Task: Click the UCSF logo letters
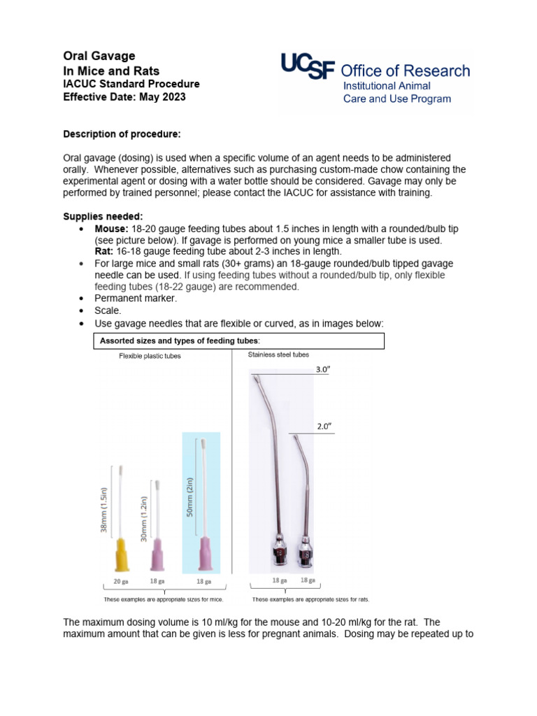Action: point(308,69)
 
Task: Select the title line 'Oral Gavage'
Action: point(99,56)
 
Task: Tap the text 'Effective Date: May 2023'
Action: point(124,97)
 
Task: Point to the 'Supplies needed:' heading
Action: point(103,217)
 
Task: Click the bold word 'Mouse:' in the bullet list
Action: point(111,229)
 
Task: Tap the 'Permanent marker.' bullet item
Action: point(136,299)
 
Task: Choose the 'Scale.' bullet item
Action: point(109,311)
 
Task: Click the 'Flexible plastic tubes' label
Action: point(150,356)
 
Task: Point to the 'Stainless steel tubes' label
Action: point(278,355)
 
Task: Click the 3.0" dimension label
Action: point(322,369)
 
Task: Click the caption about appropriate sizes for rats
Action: point(310,600)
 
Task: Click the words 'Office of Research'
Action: point(405,71)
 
